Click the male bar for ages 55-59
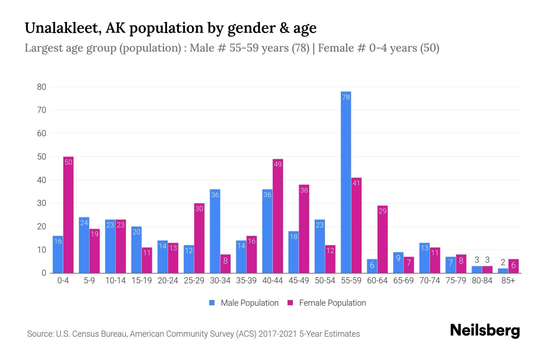pyautogui.click(x=346, y=182)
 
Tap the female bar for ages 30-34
pyautogui.click(x=225, y=264)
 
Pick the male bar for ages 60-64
pyautogui.click(x=372, y=266)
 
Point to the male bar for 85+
pyautogui.click(x=503, y=271)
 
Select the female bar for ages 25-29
pyautogui.click(x=199, y=238)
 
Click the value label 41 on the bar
pyautogui.click(x=356, y=183)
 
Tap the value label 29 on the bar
pyautogui.click(x=383, y=211)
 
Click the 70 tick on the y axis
pyautogui.click(x=42, y=110)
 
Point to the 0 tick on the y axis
pyautogui.click(x=44, y=273)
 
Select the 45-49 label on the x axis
pyautogui.click(x=299, y=281)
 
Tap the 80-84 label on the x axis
pyautogui.click(x=482, y=281)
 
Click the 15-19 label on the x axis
pyautogui.click(x=142, y=281)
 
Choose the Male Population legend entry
pyautogui.click(x=244, y=303)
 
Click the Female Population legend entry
pyautogui.click(x=327, y=303)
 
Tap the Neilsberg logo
pyautogui.click(x=485, y=331)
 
